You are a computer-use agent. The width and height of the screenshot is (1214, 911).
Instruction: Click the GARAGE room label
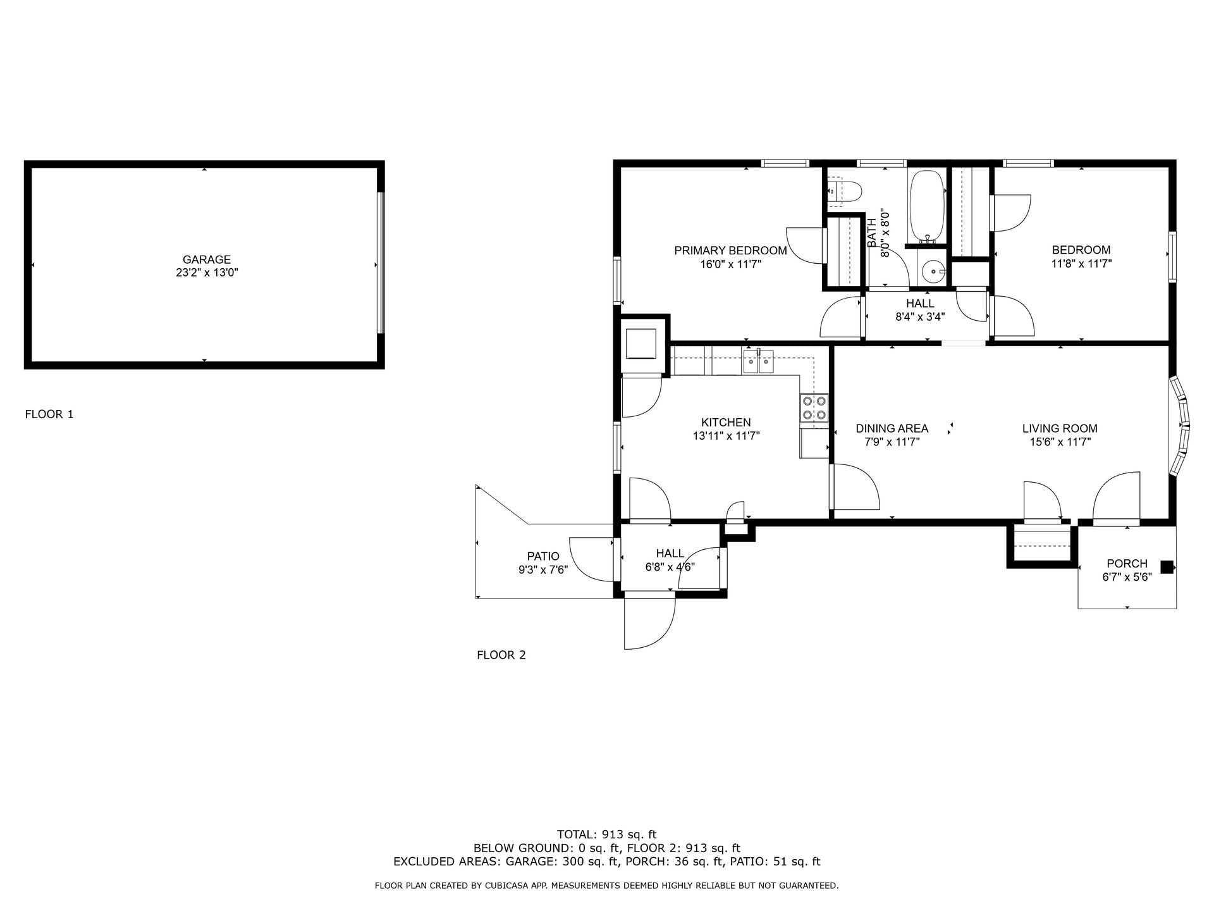tap(207, 259)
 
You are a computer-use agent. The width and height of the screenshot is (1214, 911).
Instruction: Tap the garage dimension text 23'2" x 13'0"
tap(207, 273)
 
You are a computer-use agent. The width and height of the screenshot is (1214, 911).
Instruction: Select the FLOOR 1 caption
tap(49, 414)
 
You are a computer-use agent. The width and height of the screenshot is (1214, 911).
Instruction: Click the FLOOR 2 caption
tap(501, 655)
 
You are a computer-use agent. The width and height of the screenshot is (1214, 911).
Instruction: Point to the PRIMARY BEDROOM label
tap(730, 251)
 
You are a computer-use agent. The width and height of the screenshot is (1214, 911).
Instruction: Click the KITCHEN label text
tap(726, 422)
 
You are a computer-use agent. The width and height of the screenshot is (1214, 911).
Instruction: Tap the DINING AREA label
tap(892, 428)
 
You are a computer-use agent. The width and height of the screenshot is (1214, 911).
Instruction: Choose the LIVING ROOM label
tap(1060, 428)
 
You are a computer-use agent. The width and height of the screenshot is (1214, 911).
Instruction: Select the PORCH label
tap(1127, 563)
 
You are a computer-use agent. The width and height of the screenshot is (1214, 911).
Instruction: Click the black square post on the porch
tap(1167, 567)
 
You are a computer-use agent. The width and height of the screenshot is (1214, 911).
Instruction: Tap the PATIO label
tap(543, 556)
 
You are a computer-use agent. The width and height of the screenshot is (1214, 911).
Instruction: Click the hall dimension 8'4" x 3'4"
tap(920, 317)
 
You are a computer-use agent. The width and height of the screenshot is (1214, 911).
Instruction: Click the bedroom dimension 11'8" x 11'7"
tap(1081, 264)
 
